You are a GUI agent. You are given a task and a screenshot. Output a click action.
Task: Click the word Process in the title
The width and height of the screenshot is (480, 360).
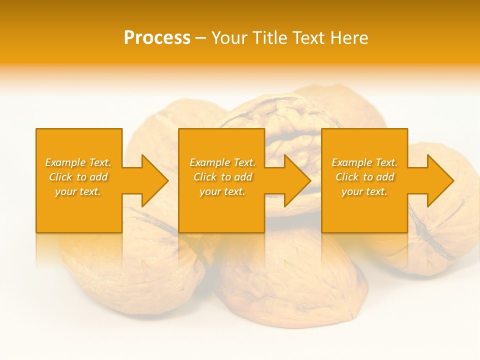[157, 38]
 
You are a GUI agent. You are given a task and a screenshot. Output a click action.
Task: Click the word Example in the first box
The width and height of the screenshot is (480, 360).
[64, 162]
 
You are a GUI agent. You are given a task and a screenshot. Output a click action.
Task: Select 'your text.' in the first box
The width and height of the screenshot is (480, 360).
[78, 191]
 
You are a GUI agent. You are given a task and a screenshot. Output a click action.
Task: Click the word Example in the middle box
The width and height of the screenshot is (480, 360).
[209, 162]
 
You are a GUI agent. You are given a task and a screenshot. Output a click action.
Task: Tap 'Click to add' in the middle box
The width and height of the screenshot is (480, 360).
[222, 177]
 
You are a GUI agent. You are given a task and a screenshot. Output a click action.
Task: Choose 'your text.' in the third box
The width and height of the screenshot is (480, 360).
[364, 191]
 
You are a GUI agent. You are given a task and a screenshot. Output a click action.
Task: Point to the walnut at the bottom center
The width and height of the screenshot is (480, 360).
[290, 280]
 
